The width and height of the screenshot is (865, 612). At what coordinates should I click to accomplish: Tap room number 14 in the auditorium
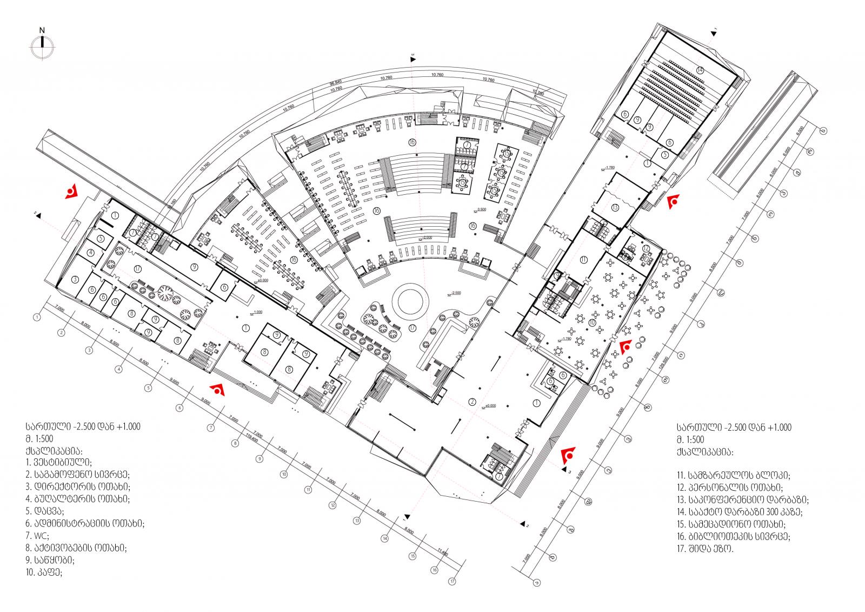click(700, 70)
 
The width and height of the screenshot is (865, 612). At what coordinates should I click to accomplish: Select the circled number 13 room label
click(615, 208)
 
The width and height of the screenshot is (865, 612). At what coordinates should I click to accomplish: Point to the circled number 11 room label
click(583, 259)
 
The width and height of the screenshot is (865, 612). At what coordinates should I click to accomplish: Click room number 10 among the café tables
click(592, 322)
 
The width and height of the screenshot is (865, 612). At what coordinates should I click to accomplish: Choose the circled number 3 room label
click(75, 279)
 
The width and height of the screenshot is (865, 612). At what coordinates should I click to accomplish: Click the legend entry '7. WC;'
click(37, 536)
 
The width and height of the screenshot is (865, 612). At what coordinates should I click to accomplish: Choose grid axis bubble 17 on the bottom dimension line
click(452, 582)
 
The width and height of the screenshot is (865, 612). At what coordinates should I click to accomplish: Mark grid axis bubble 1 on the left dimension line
click(37, 317)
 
